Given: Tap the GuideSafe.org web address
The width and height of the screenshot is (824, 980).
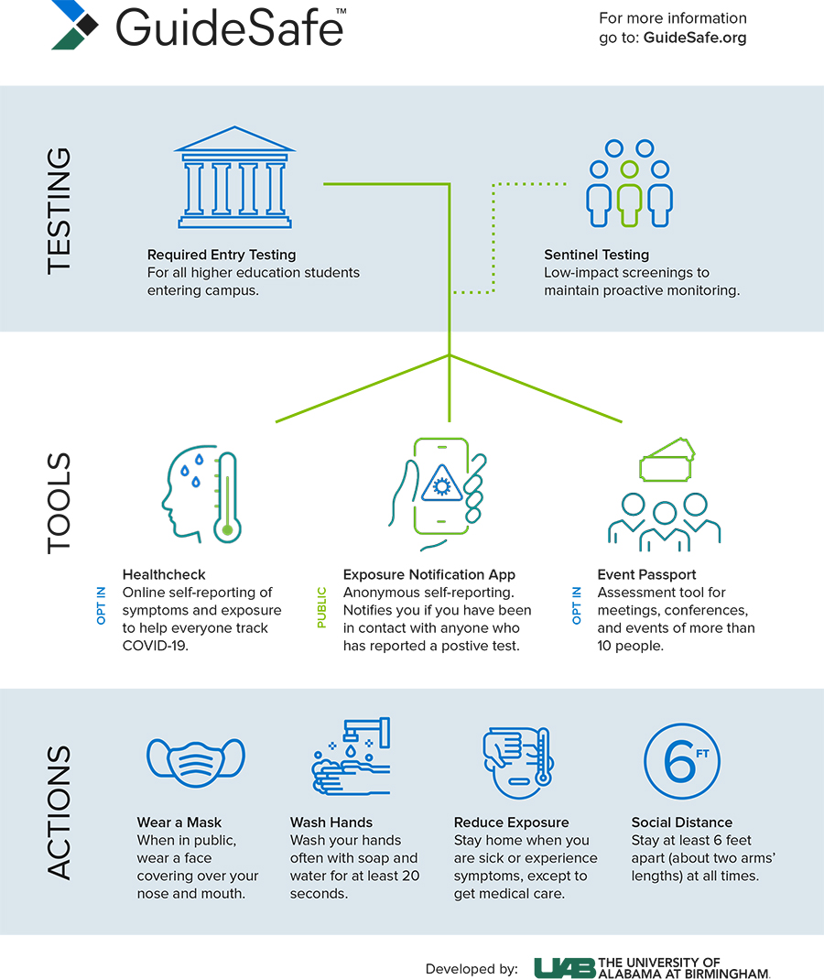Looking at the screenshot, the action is click(695, 38).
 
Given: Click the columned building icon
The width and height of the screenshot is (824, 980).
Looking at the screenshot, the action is click(235, 178).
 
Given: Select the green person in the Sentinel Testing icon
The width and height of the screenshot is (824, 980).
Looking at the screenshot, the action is click(629, 194).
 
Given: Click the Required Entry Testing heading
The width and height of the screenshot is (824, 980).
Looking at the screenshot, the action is click(222, 255).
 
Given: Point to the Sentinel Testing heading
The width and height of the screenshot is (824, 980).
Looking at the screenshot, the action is click(597, 255).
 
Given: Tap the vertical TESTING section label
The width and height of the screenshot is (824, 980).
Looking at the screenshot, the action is click(60, 211).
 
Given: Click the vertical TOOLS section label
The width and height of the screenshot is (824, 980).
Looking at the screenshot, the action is click(60, 503).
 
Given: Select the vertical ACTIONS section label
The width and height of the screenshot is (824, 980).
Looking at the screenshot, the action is click(60, 812).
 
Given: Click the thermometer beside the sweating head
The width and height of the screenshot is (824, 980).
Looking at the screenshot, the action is click(227, 497).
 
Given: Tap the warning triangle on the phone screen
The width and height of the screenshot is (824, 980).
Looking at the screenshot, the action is click(441, 484).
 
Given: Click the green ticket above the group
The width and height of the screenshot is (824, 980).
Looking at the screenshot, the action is click(667, 461).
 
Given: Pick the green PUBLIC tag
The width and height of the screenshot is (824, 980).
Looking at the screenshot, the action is click(321, 607).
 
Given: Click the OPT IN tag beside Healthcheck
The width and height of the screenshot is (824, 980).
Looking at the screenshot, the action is click(102, 605).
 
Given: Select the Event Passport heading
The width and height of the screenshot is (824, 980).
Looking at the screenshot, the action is click(646, 574).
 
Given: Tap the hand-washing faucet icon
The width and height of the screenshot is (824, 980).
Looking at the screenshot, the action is click(351, 757).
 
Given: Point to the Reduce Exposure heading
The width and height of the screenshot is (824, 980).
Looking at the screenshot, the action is click(512, 822).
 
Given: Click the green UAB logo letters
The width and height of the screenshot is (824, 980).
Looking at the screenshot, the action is click(565, 968).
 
